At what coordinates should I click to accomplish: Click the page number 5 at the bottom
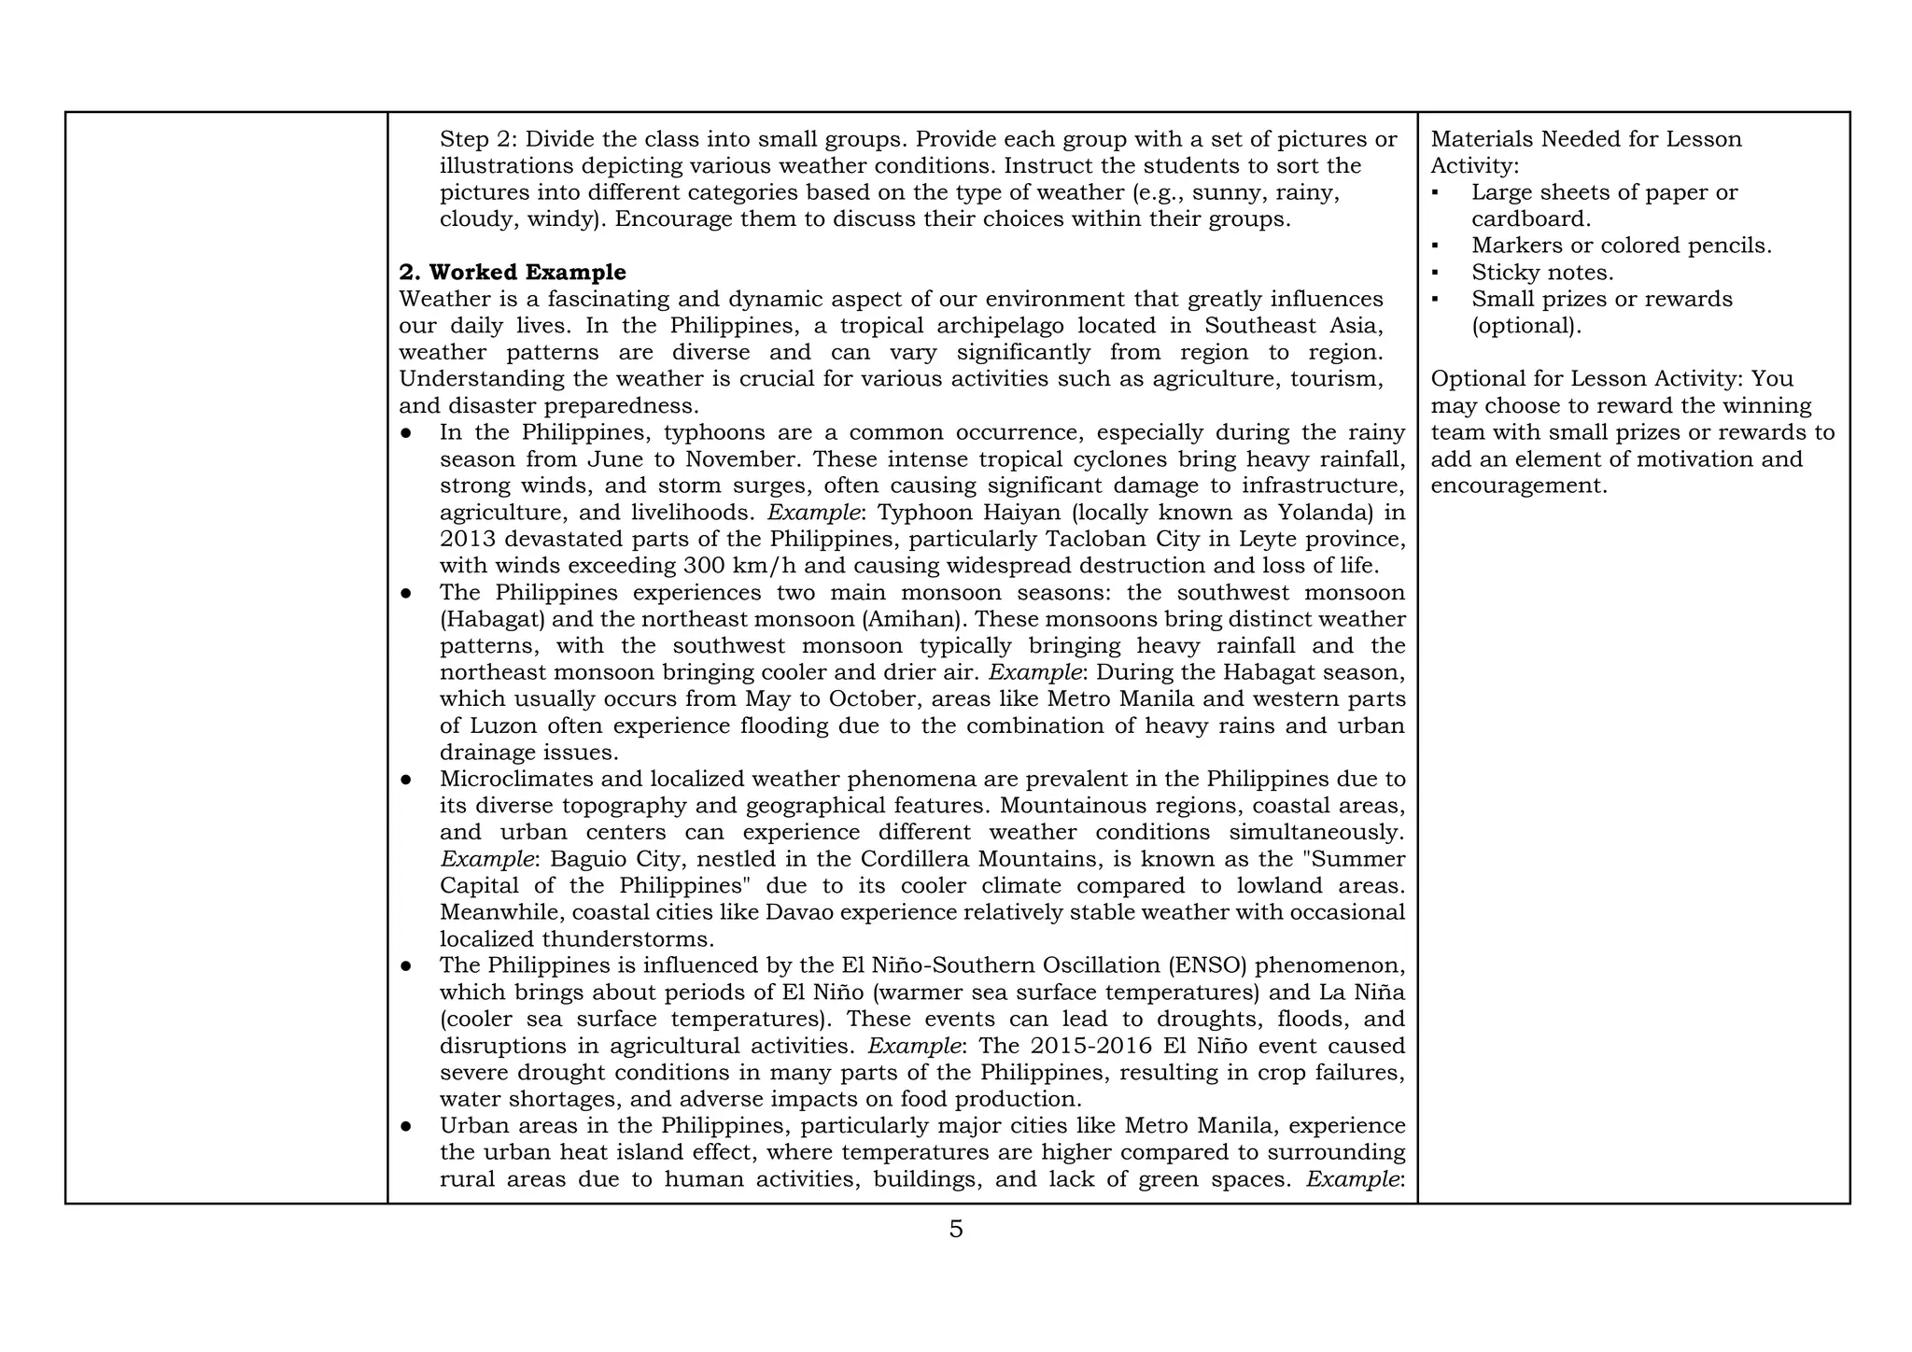[x=955, y=1230]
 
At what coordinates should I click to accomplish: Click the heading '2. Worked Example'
[x=513, y=273]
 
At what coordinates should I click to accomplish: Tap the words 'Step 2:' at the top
[x=477, y=139]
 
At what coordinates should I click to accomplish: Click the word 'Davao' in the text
[x=796, y=912]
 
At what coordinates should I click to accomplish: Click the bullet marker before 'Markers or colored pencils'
[x=1436, y=246]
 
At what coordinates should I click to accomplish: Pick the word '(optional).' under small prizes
[x=1526, y=326]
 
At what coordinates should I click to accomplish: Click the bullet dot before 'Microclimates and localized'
[x=406, y=780]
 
